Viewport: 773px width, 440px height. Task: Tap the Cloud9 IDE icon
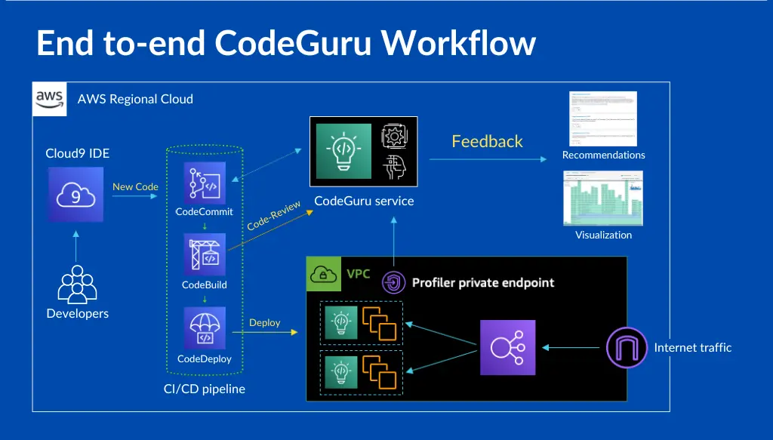point(75,195)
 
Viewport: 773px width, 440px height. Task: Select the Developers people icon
point(77,285)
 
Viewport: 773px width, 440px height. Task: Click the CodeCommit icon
point(205,183)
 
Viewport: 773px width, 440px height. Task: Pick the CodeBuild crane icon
point(205,255)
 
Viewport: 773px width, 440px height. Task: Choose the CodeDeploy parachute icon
point(205,328)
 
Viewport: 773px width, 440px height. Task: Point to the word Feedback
point(487,141)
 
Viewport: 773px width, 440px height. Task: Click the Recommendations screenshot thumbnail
point(603,118)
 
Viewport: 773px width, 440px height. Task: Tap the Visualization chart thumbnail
point(603,198)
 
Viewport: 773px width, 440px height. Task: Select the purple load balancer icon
point(508,347)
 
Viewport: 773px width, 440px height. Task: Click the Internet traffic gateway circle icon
point(627,347)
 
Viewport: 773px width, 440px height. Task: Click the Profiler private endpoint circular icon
point(394,283)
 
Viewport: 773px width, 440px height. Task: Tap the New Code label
point(135,186)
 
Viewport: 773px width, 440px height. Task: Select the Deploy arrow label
point(265,322)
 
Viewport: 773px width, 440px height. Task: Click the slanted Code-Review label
point(274,215)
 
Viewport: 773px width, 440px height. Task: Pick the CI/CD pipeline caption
point(205,389)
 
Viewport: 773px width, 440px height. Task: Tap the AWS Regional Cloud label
point(135,99)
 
